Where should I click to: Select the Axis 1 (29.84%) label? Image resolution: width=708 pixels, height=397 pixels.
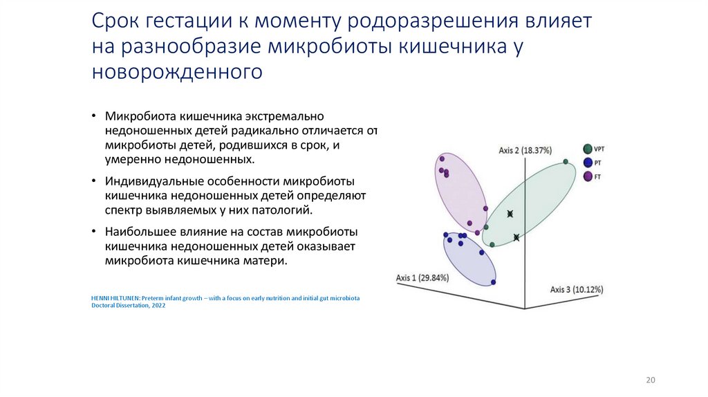point(422,277)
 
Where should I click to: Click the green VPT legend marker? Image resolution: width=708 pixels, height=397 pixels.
point(588,149)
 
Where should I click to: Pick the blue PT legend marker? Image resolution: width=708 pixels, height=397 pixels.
point(588,163)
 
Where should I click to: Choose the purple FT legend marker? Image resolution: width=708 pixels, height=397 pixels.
point(588,176)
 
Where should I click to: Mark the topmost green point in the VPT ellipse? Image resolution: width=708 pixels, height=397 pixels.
point(566,162)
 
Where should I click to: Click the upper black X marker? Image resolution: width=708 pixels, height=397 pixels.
point(510,214)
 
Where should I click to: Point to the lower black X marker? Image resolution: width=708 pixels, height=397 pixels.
point(516,238)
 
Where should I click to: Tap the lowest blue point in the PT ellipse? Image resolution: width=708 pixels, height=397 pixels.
point(493,281)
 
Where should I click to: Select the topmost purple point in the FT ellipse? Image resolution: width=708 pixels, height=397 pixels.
point(440,158)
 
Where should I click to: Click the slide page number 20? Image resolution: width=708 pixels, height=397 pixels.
point(650,380)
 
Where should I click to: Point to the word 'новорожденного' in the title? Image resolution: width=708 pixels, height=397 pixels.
point(177,71)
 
